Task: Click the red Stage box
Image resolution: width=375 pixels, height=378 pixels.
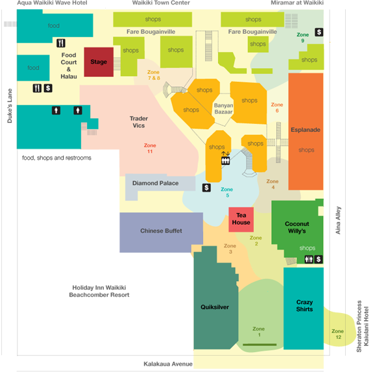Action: click(x=99, y=62)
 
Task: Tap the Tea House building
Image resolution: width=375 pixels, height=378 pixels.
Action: click(x=241, y=220)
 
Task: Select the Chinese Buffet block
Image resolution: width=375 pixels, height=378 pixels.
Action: click(x=161, y=233)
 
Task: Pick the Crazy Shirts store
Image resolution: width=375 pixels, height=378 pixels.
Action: click(x=304, y=309)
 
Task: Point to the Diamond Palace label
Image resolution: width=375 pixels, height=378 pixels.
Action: click(x=155, y=183)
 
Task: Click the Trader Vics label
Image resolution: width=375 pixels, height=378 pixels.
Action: click(x=139, y=122)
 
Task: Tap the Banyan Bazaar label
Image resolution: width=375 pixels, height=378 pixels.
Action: click(x=223, y=108)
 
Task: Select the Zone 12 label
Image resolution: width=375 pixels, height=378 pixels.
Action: click(x=337, y=334)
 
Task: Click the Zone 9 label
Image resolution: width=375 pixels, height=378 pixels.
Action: click(x=303, y=38)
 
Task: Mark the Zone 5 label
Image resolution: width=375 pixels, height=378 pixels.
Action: click(x=227, y=192)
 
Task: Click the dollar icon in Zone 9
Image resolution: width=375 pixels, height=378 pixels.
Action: click(x=319, y=32)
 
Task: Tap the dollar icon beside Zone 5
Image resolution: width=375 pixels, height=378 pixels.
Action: click(x=206, y=188)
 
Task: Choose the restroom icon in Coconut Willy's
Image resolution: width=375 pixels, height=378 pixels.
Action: click(x=309, y=259)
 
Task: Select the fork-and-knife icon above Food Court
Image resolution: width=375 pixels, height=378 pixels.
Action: click(x=61, y=43)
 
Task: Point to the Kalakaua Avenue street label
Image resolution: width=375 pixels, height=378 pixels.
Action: click(x=168, y=364)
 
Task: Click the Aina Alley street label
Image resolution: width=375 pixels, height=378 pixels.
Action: click(x=338, y=220)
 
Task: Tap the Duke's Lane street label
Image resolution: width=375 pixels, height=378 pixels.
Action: click(x=10, y=106)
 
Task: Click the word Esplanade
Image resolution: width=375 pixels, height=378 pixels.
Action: click(x=306, y=130)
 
